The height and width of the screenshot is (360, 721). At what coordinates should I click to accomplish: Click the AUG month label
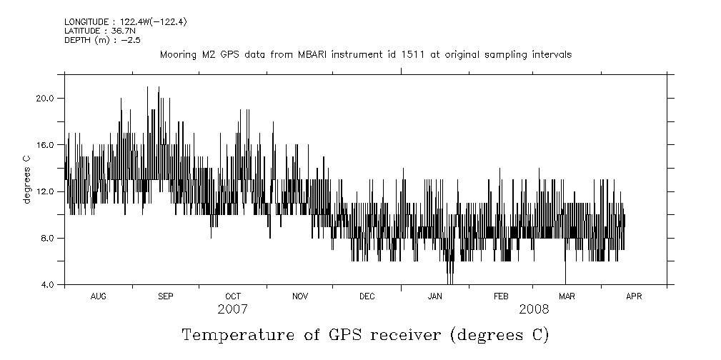(x=99, y=296)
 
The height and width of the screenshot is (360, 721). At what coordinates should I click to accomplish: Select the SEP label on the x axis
(x=165, y=296)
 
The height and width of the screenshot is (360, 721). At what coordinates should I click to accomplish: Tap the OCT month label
(x=233, y=296)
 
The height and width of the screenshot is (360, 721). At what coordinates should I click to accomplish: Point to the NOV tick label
(x=300, y=296)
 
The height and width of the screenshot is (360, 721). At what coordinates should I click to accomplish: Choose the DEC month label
(x=367, y=296)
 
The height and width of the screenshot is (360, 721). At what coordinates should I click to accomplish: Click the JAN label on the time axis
(x=434, y=296)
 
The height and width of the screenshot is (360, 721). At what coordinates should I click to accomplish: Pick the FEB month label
(x=501, y=296)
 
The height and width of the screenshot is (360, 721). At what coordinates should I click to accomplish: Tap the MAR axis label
(x=567, y=296)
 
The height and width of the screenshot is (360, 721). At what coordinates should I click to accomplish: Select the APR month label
(x=634, y=296)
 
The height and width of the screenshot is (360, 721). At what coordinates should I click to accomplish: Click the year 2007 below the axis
(x=232, y=309)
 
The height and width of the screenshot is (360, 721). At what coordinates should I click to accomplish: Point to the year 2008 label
(x=534, y=309)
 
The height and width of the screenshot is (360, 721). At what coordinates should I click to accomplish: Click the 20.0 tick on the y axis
(x=45, y=98)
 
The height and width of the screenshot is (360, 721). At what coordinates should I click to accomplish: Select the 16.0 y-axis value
(x=45, y=145)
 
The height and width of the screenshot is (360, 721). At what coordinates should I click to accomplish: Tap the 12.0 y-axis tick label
(x=45, y=191)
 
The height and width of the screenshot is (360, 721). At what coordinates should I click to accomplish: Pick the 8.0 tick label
(x=47, y=238)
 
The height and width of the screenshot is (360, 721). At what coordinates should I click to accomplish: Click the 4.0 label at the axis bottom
(x=47, y=285)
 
